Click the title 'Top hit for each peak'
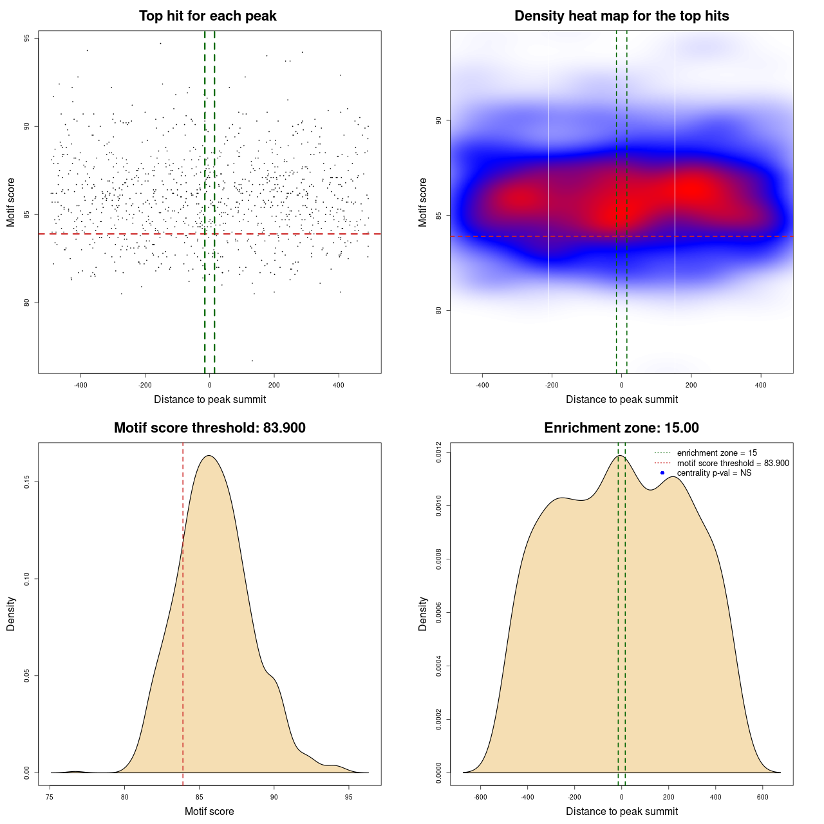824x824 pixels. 207,16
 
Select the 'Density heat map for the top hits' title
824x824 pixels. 621,16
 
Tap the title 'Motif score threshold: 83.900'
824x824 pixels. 209,428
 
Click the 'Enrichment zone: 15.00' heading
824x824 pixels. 621,428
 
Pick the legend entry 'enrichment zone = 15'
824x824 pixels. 716,453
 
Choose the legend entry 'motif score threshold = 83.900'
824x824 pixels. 733,463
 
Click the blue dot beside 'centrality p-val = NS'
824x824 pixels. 662,473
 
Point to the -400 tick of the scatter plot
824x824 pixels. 80,385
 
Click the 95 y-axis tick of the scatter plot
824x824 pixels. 26,39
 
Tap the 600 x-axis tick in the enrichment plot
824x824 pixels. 763,797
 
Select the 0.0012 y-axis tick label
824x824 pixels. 438,453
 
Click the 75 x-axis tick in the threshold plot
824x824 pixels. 50,797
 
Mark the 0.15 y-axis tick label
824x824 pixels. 26,482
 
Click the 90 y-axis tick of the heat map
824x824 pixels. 438,120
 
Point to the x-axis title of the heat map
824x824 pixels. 621,399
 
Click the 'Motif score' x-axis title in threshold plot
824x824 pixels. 209,811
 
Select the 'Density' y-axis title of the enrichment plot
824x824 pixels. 423,613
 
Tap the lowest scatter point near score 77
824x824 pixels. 252,360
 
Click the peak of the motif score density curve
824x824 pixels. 209,456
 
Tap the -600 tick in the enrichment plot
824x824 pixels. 480,797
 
